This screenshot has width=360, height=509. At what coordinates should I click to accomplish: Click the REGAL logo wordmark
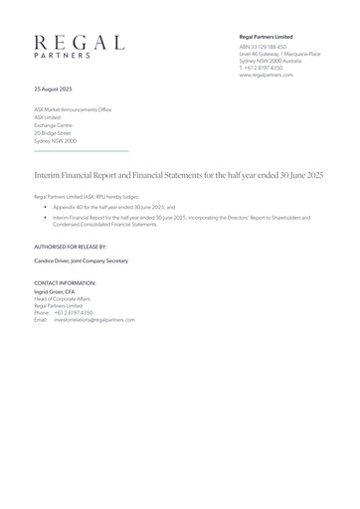click(80, 42)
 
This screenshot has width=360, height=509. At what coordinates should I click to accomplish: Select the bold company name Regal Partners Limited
click(267, 36)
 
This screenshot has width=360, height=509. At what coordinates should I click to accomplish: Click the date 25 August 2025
click(54, 89)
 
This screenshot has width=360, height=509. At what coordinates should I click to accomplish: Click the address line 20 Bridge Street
click(54, 133)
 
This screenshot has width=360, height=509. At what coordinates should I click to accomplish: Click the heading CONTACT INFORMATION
click(66, 283)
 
